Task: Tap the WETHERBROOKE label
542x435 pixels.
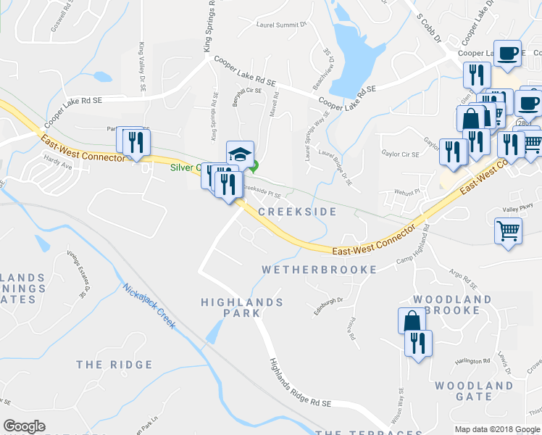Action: pos(319,270)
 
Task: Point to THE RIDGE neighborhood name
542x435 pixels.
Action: pos(114,365)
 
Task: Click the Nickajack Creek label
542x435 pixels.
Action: pos(149,305)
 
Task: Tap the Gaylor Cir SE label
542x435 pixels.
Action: pos(400,154)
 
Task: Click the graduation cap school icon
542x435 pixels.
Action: pos(240,154)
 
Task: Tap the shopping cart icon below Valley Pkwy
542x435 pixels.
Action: pos(508,231)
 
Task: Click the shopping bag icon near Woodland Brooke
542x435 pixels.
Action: pos(411,320)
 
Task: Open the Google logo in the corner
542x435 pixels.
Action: pos(25,426)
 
